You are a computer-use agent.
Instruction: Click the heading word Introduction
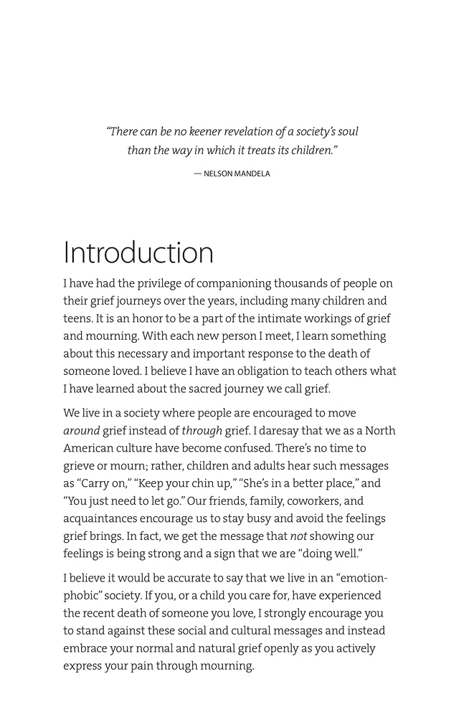138,253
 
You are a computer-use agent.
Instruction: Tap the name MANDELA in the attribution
252,174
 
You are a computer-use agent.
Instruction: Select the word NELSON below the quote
218,174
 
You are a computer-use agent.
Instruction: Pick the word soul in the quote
347,132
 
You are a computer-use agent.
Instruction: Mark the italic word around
81,431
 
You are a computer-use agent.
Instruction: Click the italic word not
299,536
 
